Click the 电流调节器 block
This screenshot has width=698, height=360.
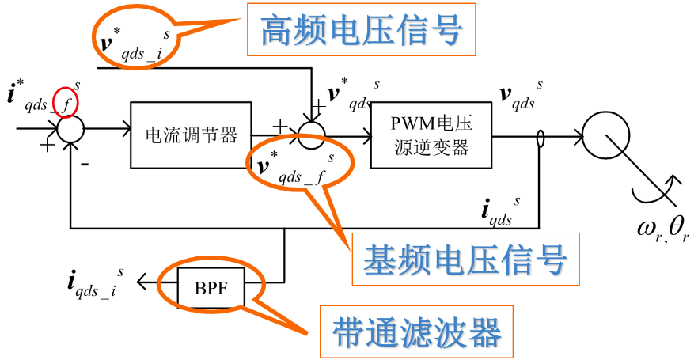[190, 135]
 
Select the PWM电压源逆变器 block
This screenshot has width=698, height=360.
[431, 135]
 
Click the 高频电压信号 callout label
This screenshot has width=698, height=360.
[361, 31]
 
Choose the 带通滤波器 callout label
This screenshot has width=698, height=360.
[416, 332]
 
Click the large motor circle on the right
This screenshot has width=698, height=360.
[610, 127]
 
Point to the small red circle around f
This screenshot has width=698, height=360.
[65, 101]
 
